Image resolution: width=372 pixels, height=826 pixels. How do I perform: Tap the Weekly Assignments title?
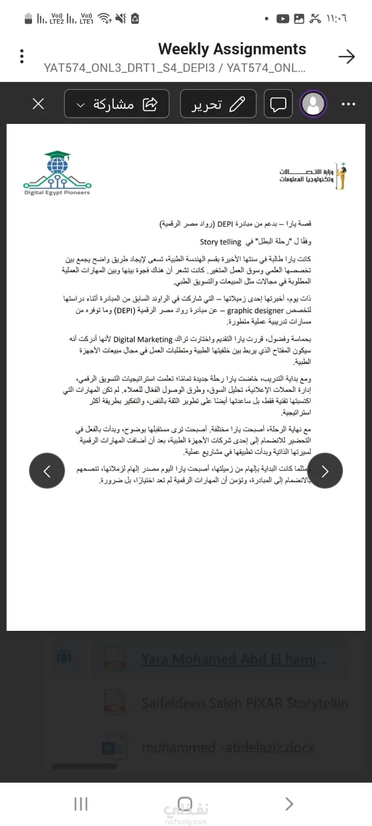[x=232, y=49]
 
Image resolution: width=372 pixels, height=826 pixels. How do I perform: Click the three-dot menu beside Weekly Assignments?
[x=22, y=56]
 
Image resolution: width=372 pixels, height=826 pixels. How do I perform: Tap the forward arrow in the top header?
[x=347, y=56]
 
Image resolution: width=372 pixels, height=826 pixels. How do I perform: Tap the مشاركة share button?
[x=117, y=104]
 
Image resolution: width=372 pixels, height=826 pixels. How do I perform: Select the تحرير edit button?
[x=218, y=104]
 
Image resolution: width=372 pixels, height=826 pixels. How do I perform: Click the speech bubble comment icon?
[x=278, y=104]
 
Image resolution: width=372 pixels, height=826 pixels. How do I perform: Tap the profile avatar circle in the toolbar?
[x=313, y=104]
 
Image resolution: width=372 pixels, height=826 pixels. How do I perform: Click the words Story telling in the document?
[x=221, y=242]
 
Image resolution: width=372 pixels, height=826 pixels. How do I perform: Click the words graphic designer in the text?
[x=255, y=310]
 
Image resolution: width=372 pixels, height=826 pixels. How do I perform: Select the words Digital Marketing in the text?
[x=143, y=339]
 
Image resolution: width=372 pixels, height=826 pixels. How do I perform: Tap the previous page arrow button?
[x=47, y=471]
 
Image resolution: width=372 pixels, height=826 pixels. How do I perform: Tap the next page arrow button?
[x=325, y=471]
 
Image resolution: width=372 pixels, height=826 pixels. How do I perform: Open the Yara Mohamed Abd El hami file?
[x=234, y=659]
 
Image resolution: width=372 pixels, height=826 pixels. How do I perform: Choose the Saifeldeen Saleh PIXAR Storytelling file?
[x=245, y=703]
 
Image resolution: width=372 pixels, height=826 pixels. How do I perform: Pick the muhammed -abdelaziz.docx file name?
[x=228, y=748]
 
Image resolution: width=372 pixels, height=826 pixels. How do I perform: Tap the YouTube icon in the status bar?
[x=283, y=19]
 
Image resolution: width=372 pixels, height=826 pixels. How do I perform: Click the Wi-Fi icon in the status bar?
[x=105, y=19]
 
